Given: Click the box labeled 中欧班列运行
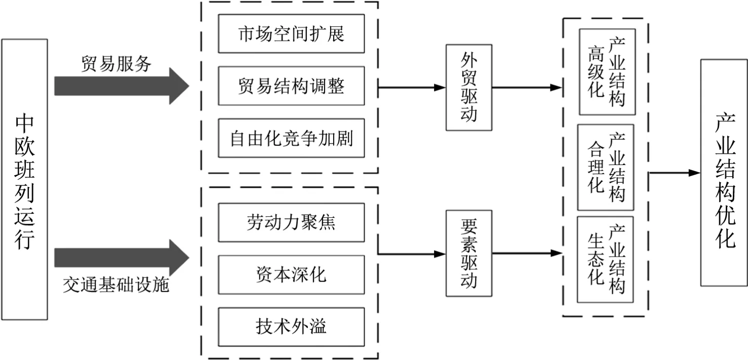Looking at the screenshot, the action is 24,179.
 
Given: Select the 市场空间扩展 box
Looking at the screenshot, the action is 291,33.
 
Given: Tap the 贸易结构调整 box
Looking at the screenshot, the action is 291,86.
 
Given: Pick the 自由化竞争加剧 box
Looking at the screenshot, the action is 291,138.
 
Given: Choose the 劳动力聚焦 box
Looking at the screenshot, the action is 291,222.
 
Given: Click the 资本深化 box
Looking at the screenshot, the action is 291,275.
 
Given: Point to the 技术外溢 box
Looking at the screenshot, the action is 291,327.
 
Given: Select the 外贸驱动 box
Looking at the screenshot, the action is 469,88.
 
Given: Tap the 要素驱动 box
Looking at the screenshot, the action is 469,253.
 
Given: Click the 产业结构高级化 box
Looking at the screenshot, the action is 607,72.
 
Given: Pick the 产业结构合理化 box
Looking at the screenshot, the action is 606,167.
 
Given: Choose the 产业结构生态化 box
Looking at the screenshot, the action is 605,259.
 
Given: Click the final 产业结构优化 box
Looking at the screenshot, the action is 724,173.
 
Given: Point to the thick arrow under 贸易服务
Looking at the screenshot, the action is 122,86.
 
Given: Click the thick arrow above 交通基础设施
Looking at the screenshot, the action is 122,258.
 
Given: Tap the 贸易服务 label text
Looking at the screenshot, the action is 116,64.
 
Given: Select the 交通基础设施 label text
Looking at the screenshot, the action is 116,285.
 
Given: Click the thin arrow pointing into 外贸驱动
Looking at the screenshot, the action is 412,88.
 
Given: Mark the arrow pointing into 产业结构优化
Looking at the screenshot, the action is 675,173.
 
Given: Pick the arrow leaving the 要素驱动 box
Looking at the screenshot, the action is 527,253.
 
